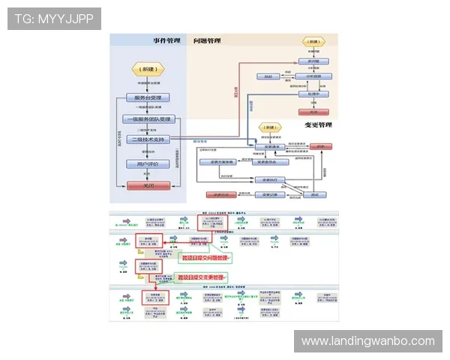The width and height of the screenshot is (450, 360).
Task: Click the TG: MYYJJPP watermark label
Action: click(54, 18)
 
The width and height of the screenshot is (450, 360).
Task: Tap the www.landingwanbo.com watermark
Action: click(368, 341)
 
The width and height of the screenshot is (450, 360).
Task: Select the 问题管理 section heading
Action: click(207, 40)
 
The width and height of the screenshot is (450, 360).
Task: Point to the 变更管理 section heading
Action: click(318, 124)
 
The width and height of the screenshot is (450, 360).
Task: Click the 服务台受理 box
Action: click(147, 97)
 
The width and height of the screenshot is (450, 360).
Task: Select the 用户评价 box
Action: click(147, 163)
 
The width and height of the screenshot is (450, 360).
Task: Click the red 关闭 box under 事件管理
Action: click(147, 185)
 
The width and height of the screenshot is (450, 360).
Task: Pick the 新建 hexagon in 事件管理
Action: click(147, 67)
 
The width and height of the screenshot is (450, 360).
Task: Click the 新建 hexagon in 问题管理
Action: click(312, 42)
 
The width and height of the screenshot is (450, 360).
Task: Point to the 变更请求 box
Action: click(267, 146)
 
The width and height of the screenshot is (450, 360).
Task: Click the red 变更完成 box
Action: click(217, 195)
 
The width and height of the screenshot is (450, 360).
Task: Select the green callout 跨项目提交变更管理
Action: click(202, 277)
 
